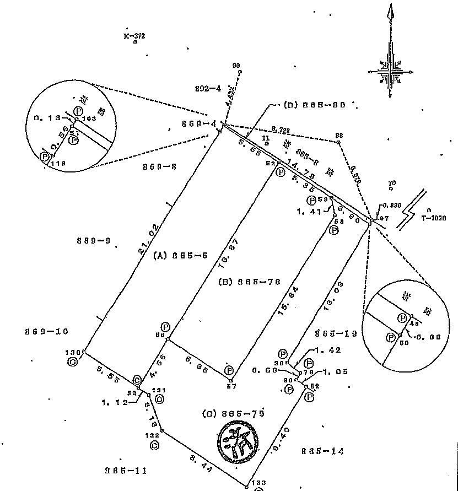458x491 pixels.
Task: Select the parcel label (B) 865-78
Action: [249, 282]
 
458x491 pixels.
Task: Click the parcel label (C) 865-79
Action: [233, 413]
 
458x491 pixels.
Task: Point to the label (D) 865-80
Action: [315, 105]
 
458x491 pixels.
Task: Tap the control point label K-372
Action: [134, 36]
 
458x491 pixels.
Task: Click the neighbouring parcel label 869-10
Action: [46, 331]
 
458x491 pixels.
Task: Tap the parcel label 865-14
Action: [322, 451]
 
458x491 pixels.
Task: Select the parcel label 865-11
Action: [126, 471]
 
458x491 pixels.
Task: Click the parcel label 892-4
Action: [208, 88]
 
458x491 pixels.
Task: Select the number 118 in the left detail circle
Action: [57, 163]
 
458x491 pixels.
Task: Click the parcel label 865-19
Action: [336, 333]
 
